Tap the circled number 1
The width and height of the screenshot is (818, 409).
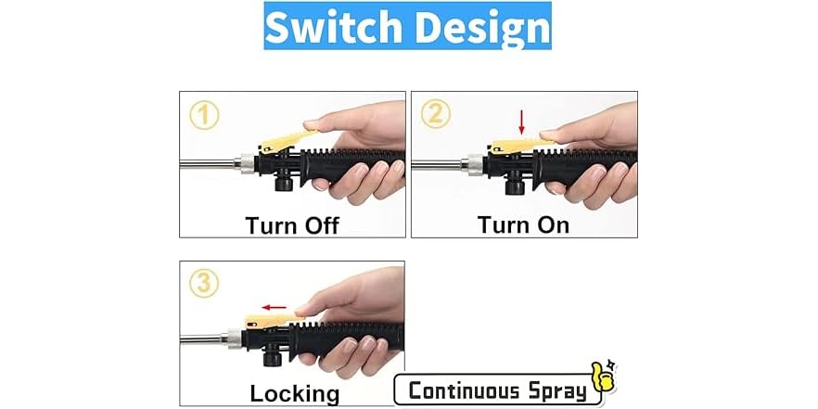click(x=205, y=115)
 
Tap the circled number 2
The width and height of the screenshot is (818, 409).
click(x=436, y=115)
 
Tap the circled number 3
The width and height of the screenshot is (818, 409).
click(x=205, y=284)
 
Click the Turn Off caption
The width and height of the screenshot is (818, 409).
click(x=292, y=224)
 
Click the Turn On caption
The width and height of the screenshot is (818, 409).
click(x=523, y=224)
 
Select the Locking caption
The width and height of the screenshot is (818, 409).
click(x=294, y=392)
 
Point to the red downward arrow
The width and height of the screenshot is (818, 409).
click(x=522, y=122)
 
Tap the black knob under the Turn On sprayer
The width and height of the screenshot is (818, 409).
click(x=511, y=184)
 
